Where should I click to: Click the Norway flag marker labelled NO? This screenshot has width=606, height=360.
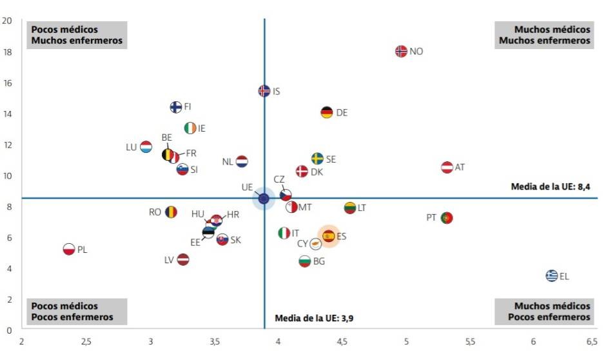point(401,51)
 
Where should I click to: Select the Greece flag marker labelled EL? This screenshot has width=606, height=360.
point(552,275)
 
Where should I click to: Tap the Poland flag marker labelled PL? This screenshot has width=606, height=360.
point(69,249)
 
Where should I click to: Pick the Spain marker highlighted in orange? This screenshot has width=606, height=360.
point(328,236)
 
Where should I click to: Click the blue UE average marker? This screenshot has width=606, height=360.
point(264,198)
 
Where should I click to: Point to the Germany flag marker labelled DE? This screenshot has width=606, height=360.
point(327,112)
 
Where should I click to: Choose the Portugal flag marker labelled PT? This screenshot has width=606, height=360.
point(446,217)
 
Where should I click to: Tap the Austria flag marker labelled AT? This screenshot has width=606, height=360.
point(447,167)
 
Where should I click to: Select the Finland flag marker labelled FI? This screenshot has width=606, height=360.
point(175,107)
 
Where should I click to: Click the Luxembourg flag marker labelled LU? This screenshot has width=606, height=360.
point(146,146)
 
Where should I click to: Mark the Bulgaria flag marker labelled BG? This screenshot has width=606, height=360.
point(305,261)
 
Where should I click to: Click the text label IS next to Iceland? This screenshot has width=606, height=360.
point(277,92)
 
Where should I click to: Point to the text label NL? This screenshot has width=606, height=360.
point(228,162)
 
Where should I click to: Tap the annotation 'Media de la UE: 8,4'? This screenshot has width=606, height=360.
point(551,187)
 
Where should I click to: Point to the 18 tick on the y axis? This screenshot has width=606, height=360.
point(8,52)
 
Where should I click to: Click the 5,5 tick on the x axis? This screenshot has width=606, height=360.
point(469,341)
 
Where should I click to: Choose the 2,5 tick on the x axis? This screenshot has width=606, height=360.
point(86,341)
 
